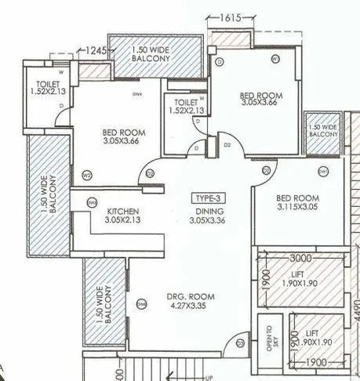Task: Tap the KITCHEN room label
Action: (x=123, y=212)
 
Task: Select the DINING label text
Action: (x=209, y=212)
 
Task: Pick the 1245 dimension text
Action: (x=96, y=50)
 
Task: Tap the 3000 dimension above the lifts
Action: (x=300, y=257)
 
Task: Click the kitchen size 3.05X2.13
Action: (x=123, y=221)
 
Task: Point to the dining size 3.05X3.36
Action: (x=209, y=221)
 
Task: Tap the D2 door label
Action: (x=227, y=144)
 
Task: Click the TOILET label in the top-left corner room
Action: (x=38, y=85)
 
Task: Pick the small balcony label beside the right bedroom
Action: (x=322, y=131)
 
